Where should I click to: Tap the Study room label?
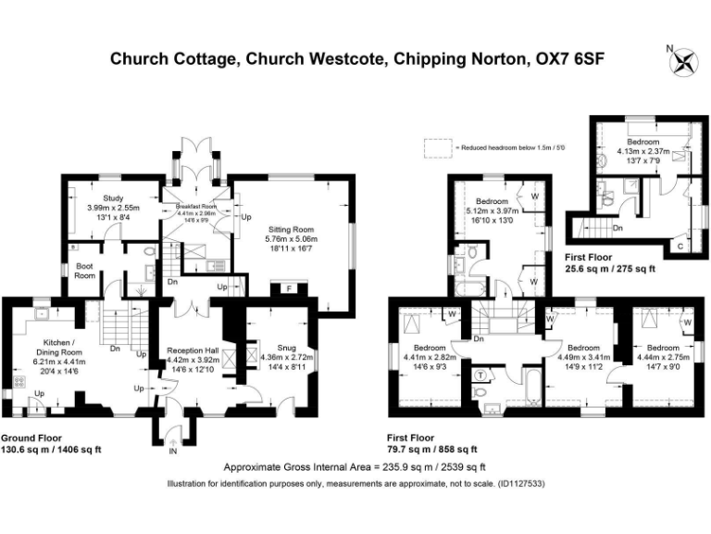113,197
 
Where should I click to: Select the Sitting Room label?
293,228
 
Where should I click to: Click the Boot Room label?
85,272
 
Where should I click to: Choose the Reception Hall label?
192,350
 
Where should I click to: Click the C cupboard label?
680,246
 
